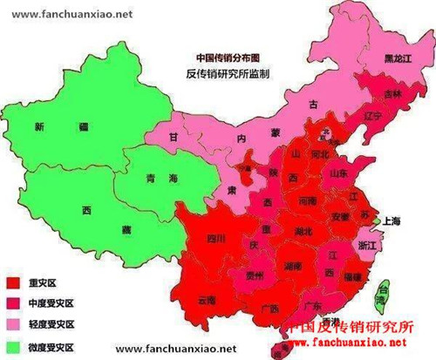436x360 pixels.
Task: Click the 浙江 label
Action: tap(370, 246)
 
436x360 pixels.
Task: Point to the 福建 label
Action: tap(352, 277)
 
